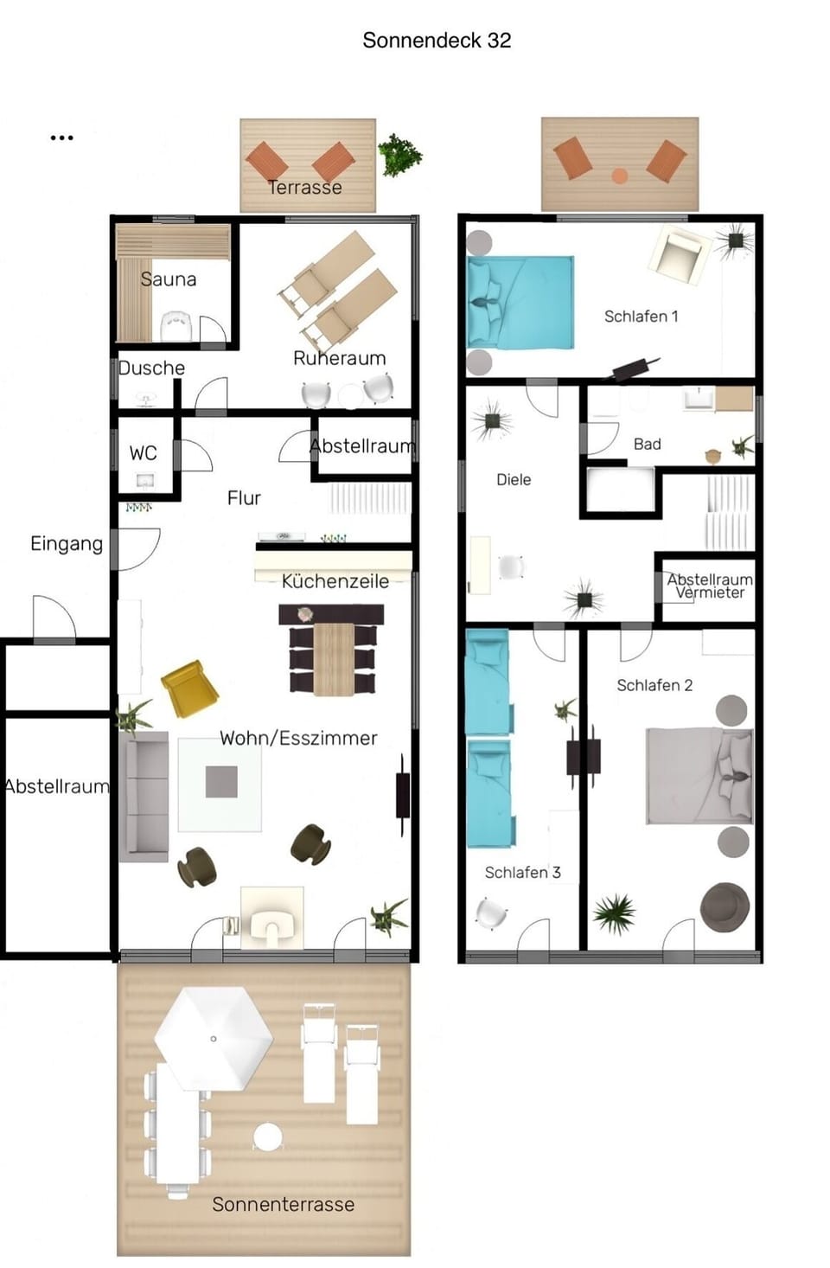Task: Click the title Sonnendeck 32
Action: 437,41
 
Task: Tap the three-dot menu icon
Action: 61,138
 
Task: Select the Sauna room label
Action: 169,279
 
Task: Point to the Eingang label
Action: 67,544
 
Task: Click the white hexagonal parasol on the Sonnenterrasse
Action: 213,1039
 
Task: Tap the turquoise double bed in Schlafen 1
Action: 520,302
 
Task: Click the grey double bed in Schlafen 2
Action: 699,775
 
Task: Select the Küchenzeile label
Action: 335,581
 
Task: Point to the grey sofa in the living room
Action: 144,797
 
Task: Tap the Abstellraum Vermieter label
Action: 710,586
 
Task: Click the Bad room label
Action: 647,445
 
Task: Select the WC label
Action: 144,453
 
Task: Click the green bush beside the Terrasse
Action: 399,156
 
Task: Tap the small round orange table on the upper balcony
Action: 619,176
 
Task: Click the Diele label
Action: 514,480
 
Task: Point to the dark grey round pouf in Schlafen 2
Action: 725,906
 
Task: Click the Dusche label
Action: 152,368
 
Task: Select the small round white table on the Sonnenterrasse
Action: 268,1136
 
